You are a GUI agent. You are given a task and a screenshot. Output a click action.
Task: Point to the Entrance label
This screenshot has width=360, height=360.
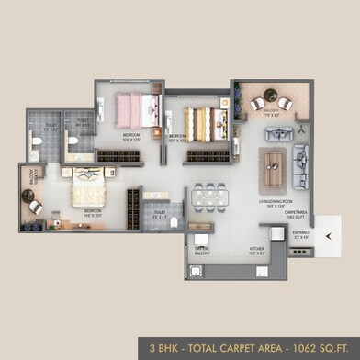coord(301,234)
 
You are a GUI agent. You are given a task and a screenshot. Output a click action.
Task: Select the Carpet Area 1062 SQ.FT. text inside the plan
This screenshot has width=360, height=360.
coord(296,217)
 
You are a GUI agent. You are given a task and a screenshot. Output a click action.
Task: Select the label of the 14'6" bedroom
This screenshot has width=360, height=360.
coord(93,210)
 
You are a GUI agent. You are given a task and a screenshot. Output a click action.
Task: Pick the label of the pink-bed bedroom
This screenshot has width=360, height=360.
coord(132,137)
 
